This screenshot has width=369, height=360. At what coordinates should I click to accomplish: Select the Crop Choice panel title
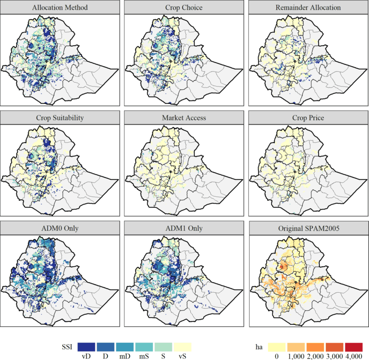pos(185,8)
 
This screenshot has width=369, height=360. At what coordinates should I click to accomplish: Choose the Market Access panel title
pos(185,118)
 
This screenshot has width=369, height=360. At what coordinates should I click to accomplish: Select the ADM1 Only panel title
pos(185,228)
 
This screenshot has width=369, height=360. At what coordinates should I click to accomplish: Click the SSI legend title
pos(67,347)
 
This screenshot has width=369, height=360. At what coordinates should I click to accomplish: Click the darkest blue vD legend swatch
pos(86,347)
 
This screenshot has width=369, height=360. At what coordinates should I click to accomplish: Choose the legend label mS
pos(144,356)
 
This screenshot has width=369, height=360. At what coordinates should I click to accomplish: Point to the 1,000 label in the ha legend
pos(295,356)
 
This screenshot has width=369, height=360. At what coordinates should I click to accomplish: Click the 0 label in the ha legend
pos(276,356)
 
